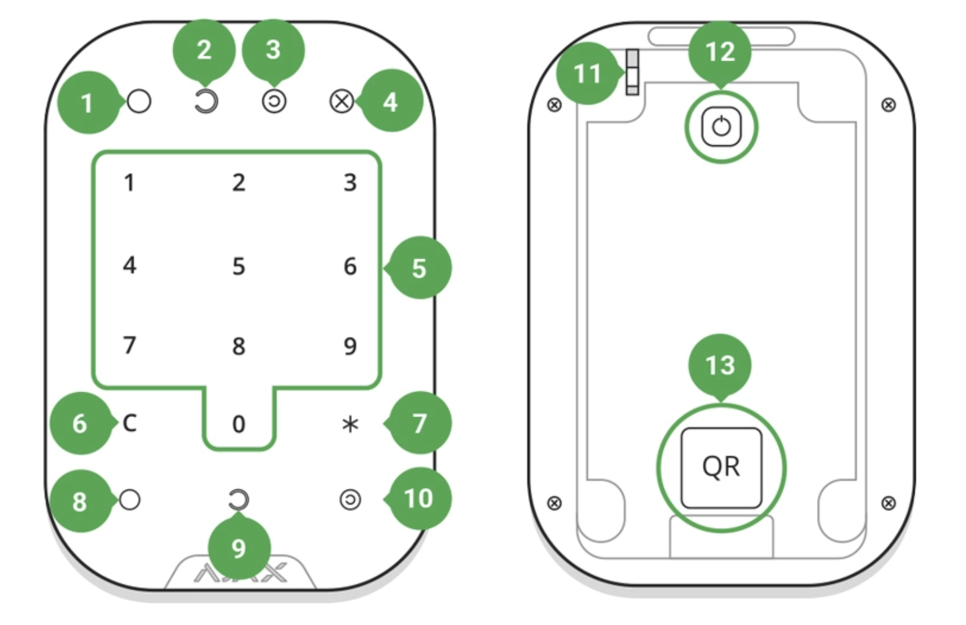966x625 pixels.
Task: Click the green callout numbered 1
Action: pos(87,103)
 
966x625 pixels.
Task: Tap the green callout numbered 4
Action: pos(390,101)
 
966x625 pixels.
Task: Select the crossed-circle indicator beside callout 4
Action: pos(341,101)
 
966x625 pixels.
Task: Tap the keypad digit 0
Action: pos(238,424)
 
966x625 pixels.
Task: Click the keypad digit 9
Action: pos(350,345)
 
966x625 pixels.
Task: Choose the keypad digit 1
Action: pos(129,183)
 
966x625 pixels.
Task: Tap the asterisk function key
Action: pos(350,425)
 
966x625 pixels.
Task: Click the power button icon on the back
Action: pos(721,127)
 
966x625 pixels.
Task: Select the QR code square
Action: pos(721,468)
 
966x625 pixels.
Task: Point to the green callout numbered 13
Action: pos(720,365)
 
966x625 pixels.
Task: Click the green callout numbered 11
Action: pos(587,74)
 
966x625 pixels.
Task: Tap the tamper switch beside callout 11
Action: pos(632,73)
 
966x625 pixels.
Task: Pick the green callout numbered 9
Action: pos(238,548)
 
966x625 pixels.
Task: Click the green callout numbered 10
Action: pos(419,498)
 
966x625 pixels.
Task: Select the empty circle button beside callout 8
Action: pos(129,499)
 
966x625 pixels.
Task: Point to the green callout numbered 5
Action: pos(419,268)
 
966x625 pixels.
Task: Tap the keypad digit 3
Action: pos(350,183)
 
